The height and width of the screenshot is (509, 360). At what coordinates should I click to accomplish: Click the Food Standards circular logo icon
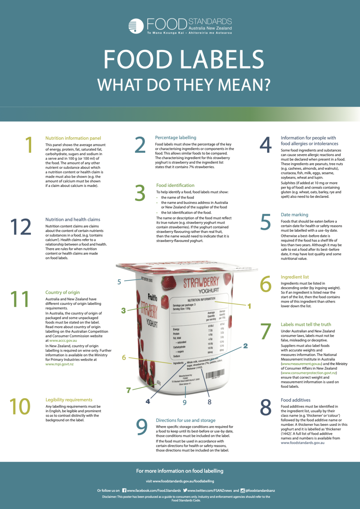point(136,26)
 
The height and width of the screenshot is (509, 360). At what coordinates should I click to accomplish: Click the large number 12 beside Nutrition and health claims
point(21,227)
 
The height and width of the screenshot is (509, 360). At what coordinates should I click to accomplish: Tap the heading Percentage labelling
point(175,138)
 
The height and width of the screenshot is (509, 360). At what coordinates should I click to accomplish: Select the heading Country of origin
point(62,292)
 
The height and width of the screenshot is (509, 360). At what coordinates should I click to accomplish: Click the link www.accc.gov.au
point(63,340)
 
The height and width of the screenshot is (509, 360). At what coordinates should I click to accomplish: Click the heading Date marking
point(294,215)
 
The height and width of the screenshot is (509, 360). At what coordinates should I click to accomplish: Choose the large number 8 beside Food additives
point(266,408)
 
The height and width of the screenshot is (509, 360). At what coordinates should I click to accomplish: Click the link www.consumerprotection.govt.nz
point(309,373)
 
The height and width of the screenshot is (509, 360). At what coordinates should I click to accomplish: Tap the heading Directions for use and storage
point(186,420)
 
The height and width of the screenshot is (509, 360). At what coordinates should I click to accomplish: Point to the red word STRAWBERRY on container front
point(201,282)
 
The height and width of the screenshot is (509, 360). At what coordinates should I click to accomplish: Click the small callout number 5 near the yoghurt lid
point(119,282)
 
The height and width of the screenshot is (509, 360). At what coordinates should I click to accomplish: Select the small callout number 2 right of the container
point(245,346)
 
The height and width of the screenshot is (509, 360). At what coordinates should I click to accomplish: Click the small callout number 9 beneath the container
point(185,402)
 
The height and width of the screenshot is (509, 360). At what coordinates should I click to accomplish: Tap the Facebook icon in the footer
point(124,490)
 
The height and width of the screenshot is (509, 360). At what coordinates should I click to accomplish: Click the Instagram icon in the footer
point(243,490)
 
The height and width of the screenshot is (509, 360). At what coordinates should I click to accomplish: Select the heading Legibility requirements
point(69,400)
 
